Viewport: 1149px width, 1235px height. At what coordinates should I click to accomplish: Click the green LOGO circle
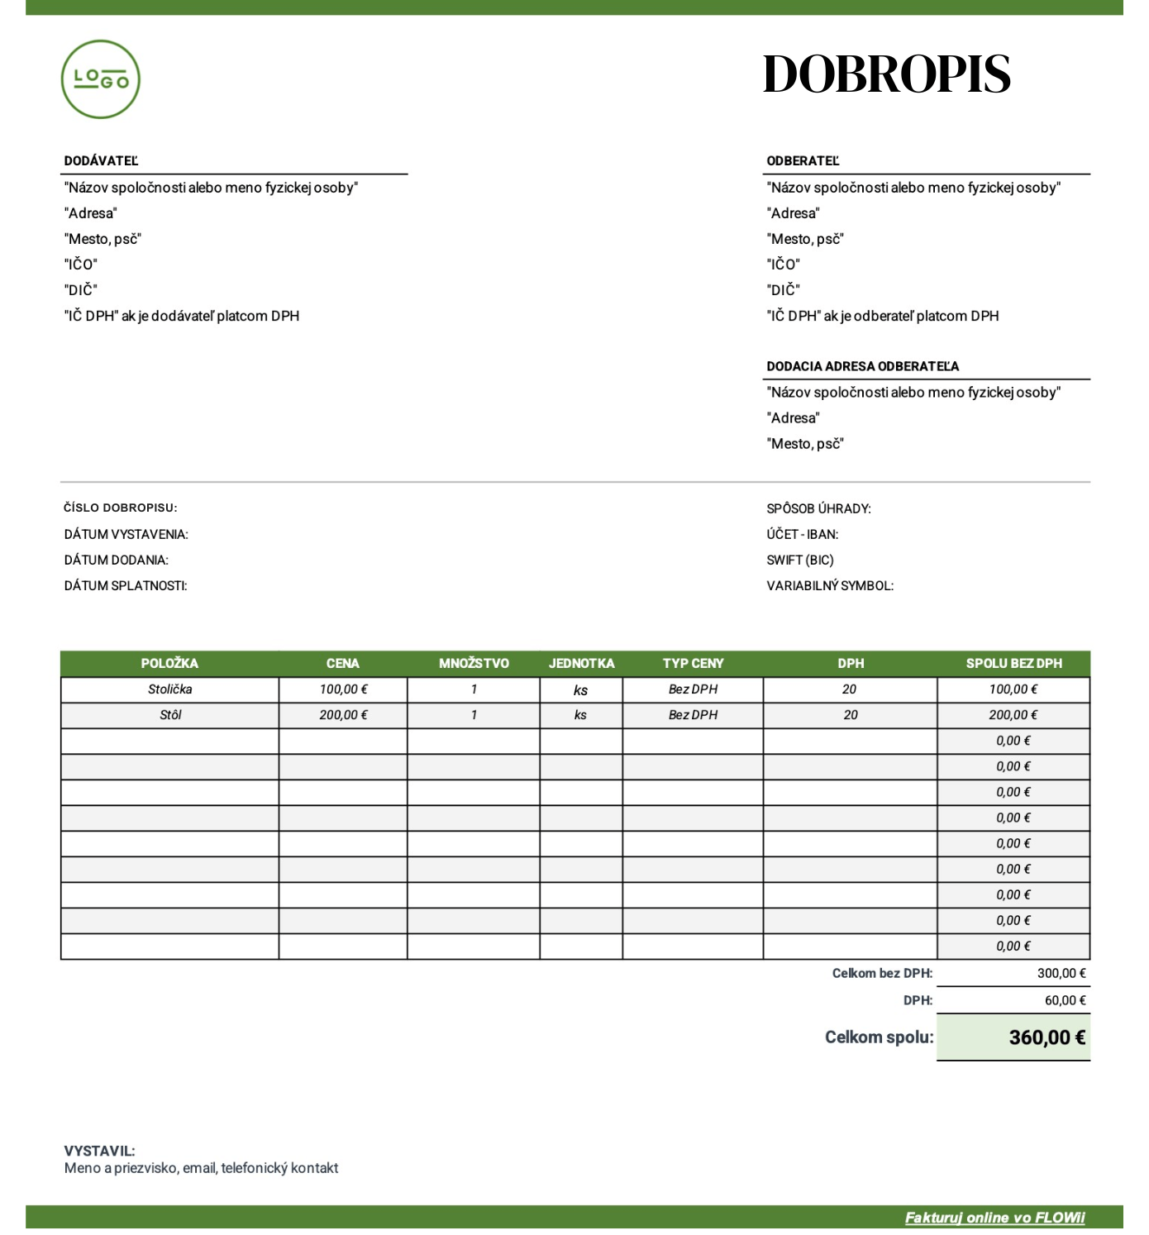[x=101, y=79]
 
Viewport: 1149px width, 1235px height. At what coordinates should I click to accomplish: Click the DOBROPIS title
[x=886, y=74]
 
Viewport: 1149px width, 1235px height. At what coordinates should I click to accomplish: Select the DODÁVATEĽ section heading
[x=101, y=161]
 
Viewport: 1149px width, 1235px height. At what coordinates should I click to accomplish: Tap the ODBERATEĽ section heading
[x=803, y=161]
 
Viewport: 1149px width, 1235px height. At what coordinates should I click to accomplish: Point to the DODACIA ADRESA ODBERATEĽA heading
[x=862, y=366]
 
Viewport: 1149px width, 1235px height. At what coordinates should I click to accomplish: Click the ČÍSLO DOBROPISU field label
[x=121, y=508]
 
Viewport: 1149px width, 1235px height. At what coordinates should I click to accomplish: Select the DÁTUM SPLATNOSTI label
[x=126, y=586]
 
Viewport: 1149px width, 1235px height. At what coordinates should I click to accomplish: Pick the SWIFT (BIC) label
[x=799, y=560]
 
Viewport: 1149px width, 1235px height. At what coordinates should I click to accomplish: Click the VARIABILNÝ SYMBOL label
[x=829, y=586]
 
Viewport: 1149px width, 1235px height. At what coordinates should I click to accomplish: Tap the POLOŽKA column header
[x=169, y=664]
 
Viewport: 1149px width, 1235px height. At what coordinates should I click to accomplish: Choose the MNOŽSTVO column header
[x=474, y=664]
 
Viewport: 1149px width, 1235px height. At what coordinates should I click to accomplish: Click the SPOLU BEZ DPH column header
[x=1013, y=664]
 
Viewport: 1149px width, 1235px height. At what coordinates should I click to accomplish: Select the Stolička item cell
[x=169, y=689]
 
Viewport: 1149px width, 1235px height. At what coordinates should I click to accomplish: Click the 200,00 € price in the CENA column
[x=343, y=715]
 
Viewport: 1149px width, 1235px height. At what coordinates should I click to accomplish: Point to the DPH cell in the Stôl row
[x=850, y=715]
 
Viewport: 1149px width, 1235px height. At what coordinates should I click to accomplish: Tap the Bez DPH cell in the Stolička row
[x=693, y=689]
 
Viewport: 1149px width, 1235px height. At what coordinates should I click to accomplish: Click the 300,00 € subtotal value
[x=1061, y=974]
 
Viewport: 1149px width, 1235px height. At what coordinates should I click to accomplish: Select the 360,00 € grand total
[x=1046, y=1037]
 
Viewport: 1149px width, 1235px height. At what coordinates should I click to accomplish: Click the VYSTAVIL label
[x=99, y=1151]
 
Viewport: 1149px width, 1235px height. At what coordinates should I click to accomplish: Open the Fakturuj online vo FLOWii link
[x=994, y=1218]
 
